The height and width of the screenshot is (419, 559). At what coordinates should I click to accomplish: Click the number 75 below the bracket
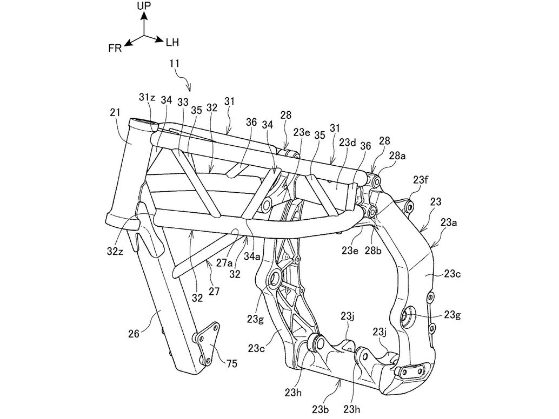point(231,364)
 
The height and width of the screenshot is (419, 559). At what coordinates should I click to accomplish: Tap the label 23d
point(347,143)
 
